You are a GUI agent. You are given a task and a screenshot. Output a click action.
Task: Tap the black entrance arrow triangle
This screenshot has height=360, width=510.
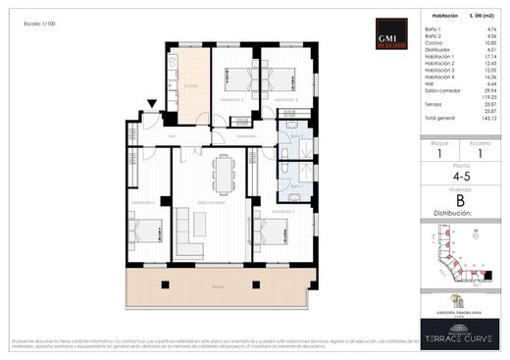150,105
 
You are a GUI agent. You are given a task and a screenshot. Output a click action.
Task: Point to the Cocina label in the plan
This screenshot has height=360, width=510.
189,84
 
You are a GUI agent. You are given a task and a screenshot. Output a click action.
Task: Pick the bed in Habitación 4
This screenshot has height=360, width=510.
146,231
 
